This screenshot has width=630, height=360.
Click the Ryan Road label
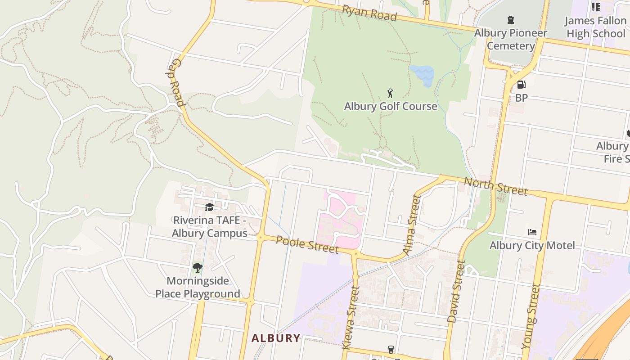(369, 13)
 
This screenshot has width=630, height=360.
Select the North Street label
(495, 186)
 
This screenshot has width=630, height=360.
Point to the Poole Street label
(307, 243)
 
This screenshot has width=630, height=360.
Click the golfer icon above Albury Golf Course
(390, 93)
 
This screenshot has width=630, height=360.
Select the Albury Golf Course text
(391, 106)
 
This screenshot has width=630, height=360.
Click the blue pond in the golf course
(423, 73)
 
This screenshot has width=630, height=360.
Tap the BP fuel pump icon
(521, 84)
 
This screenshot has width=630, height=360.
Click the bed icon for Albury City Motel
(532, 232)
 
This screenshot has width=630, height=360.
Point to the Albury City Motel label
(532, 245)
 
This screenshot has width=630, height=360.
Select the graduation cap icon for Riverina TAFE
(209, 207)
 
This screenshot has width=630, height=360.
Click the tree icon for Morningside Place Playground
(197, 268)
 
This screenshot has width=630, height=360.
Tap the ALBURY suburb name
(275, 338)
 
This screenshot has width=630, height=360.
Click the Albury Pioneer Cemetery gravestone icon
(510, 20)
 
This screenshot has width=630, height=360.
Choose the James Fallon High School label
(595, 27)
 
